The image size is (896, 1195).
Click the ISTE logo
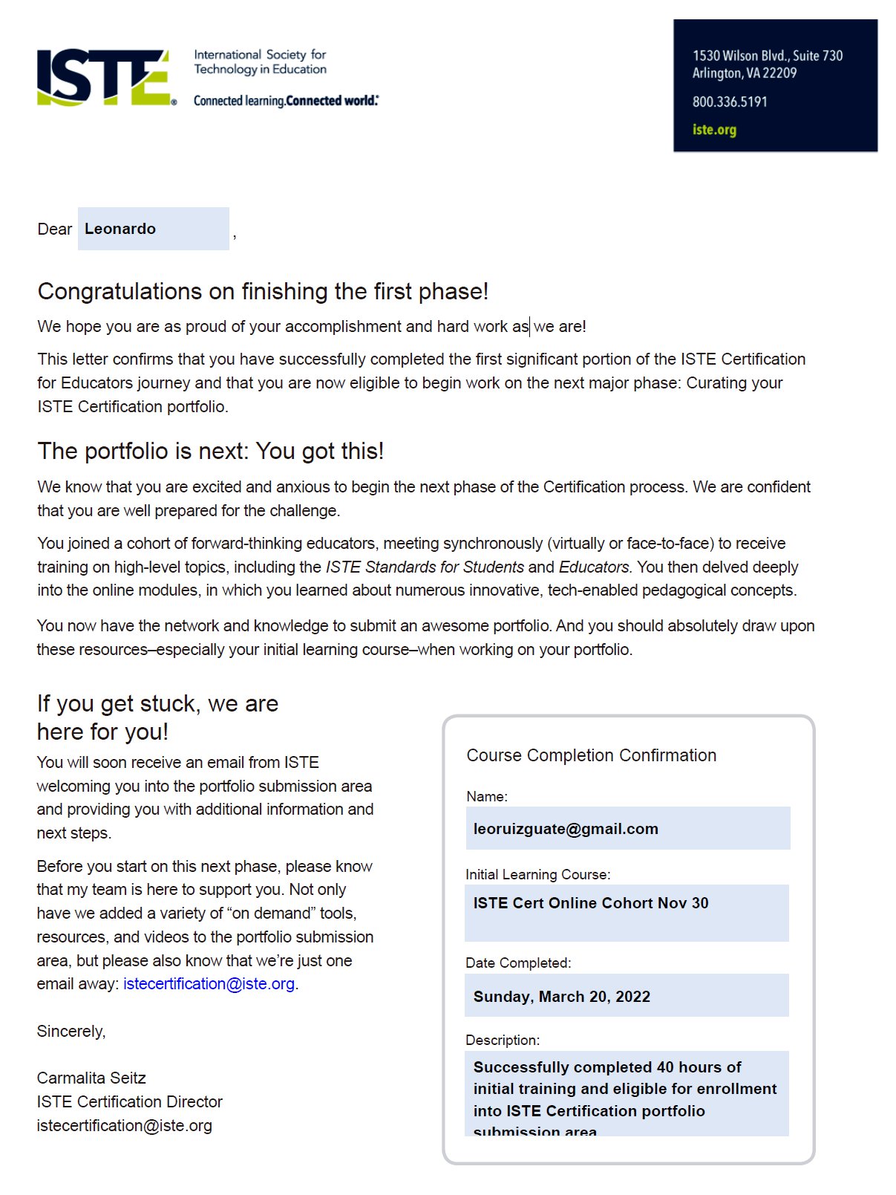(105, 77)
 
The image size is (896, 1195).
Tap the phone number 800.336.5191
(729, 102)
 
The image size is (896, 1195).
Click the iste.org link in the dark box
(714, 129)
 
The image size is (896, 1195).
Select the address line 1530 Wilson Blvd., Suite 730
(767, 56)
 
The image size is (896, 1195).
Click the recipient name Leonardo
(120, 229)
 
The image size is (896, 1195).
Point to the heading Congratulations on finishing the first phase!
(263, 291)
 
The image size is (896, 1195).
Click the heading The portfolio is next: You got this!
(210, 451)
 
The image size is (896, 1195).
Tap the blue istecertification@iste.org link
(209, 983)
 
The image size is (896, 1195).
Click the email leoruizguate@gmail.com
(566, 829)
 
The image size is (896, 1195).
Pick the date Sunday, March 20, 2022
(562, 997)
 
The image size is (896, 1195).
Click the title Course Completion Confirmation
(591, 755)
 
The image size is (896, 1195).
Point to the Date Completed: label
(518, 963)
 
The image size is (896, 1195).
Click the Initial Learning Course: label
(537, 874)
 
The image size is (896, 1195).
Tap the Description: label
(503, 1040)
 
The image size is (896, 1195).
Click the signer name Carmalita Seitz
(91, 1078)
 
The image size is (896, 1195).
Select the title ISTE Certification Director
(129, 1101)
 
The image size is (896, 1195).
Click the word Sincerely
(71, 1031)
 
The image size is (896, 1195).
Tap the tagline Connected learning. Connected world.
(286, 100)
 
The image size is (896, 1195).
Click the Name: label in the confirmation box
(487, 796)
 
